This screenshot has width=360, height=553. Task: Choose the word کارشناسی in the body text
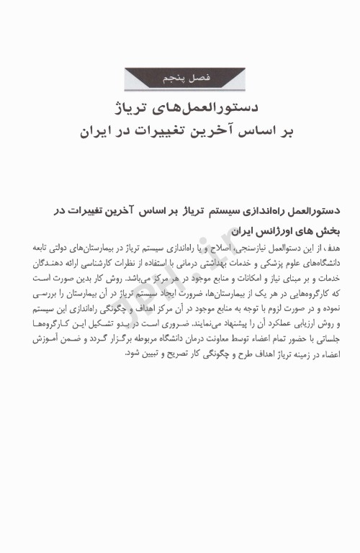click(x=105, y=261)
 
